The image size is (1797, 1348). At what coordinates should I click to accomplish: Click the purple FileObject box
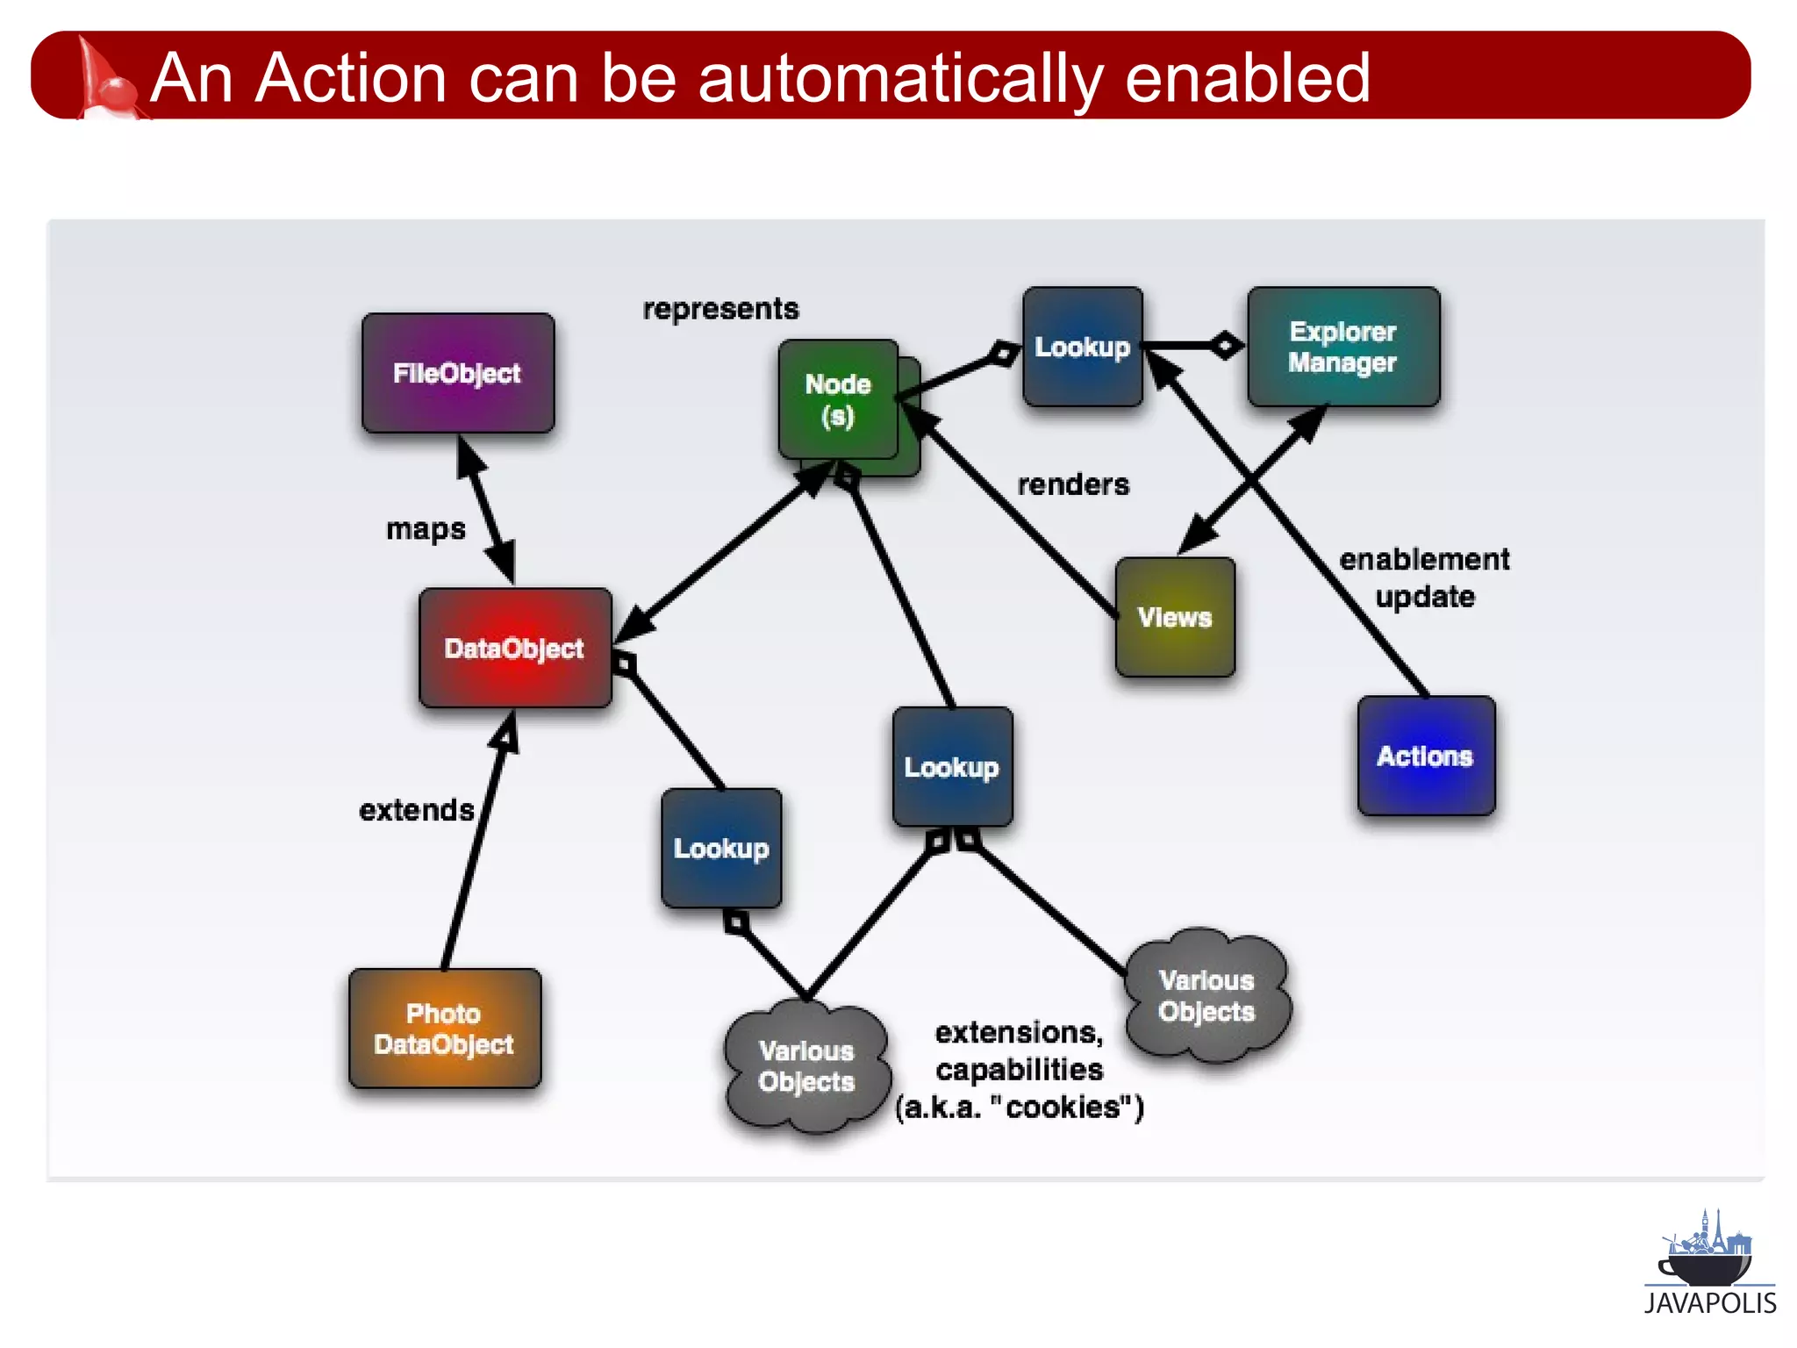pyautogui.click(x=457, y=373)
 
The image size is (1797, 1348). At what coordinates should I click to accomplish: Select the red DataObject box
pyautogui.click(x=515, y=649)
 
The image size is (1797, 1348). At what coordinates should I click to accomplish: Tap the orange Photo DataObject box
pyautogui.click(x=444, y=1029)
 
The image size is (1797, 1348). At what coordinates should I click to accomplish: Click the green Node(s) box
pyautogui.click(x=838, y=400)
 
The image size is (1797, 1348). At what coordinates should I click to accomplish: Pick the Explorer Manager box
pyautogui.click(x=1342, y=347)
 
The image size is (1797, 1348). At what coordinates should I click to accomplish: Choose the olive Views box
pyautogui.click(x=1175, y=617)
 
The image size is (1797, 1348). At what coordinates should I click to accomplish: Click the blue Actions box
pyautogui.click(x=1425, y=756)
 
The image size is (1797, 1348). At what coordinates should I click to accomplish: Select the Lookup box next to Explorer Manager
pyautogui.click(x=1082, y=347)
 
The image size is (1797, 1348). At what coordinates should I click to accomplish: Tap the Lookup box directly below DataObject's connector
pyautogui.click(x=721, y=849)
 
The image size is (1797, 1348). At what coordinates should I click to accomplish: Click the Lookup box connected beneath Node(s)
pyautogui.click(x=952, y=767)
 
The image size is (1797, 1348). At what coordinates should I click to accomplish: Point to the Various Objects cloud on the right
pyautogui.click(x=1206, y=996)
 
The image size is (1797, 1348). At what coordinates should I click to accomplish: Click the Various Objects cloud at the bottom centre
pyautogui.click(x=806, y=1066)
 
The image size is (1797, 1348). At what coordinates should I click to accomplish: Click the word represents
pyautogui.click(x=720, y=309)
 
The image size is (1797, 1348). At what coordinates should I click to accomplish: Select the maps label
pyautogui.click(x=426, y=529)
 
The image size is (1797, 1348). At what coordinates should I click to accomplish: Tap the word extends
pyautogui.click(x=417, y=810)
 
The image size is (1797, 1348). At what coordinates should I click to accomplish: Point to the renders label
pyautogui.click(x=1073, y=484)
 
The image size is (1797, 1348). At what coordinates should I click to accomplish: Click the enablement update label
pyautogui.click(x=1424, y=577)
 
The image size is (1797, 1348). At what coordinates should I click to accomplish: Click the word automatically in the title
pyautogui.click(x=899, y=78)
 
